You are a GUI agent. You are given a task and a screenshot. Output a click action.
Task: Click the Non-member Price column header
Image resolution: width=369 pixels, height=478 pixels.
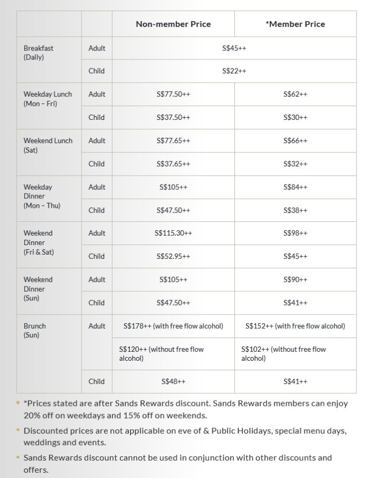coord(173,24)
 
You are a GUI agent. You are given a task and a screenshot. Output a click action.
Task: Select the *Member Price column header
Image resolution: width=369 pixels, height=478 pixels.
coord(295,24)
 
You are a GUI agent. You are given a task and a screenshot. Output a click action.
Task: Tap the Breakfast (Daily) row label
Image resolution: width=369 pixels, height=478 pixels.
coord(38,53)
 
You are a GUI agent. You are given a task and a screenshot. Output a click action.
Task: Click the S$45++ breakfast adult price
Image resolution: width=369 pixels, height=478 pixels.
coord(234,48)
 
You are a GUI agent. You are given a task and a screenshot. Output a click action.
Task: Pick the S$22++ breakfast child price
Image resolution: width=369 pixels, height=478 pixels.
coord(234,71)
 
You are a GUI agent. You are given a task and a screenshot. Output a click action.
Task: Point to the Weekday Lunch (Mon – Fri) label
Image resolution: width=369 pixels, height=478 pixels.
coord(47,99)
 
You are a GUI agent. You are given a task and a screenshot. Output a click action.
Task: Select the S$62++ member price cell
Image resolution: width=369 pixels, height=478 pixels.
coord(295,94)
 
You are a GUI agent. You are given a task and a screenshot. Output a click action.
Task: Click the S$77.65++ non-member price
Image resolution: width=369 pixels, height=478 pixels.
coord(173,141)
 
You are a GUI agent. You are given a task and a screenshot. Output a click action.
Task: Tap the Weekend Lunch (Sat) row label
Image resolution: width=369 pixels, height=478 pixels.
coord(48,145)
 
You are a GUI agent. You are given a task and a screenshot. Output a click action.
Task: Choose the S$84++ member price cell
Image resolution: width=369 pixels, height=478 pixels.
coord(295,187)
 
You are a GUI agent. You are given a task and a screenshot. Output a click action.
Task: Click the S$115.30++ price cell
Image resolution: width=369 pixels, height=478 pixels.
coord(173,233)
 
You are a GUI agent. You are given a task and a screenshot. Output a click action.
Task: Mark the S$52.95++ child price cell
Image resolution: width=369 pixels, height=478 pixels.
coord(173,257)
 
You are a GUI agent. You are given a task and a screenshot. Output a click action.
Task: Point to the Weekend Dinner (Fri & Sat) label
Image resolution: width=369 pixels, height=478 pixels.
coord(38,242)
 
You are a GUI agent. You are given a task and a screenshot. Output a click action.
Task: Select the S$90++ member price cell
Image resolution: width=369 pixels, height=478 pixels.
coord(295,280)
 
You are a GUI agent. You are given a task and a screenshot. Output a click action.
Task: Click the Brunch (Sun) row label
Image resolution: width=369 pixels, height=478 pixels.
coord(34,331)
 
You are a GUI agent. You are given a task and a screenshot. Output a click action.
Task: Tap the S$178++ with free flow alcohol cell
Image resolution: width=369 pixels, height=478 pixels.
coord(173,326)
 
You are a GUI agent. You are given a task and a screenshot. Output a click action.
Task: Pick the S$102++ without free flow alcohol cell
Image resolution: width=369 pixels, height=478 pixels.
coord(284,354)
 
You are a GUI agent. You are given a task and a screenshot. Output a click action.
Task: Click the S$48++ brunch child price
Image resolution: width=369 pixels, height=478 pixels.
coord(173,381)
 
